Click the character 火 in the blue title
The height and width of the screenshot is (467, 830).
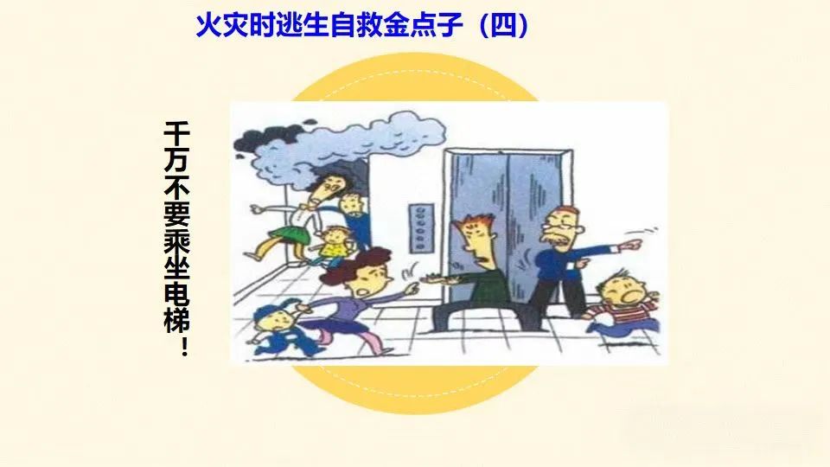208,25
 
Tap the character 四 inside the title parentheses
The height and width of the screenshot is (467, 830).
503,25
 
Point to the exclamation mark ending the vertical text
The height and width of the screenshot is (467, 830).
183,347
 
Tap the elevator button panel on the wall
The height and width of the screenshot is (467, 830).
421,227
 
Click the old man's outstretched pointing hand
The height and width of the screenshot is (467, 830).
631,245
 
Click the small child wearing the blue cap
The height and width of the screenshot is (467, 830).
279,329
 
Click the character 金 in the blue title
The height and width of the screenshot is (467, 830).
397,25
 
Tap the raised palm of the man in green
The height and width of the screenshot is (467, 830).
435,278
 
